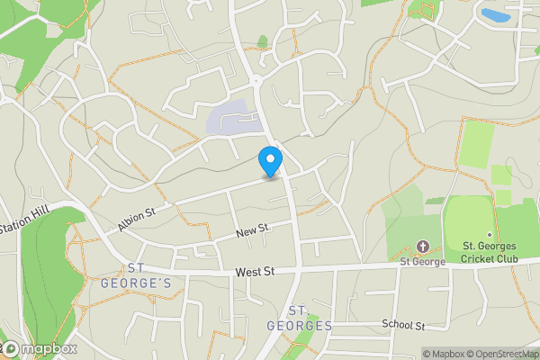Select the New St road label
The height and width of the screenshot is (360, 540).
[253, 232]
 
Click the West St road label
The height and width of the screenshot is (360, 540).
[254, 271]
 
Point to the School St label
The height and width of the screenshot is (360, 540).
[402, 324]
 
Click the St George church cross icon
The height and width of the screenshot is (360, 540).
[423, 247]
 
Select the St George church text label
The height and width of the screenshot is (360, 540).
[424, 262]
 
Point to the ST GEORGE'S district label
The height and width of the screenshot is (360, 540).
[148, 275]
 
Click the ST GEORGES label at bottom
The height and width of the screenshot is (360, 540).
[300, 319]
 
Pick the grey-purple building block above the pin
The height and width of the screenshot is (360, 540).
[231, 120]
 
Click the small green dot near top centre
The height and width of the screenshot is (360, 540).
[263, 40]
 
